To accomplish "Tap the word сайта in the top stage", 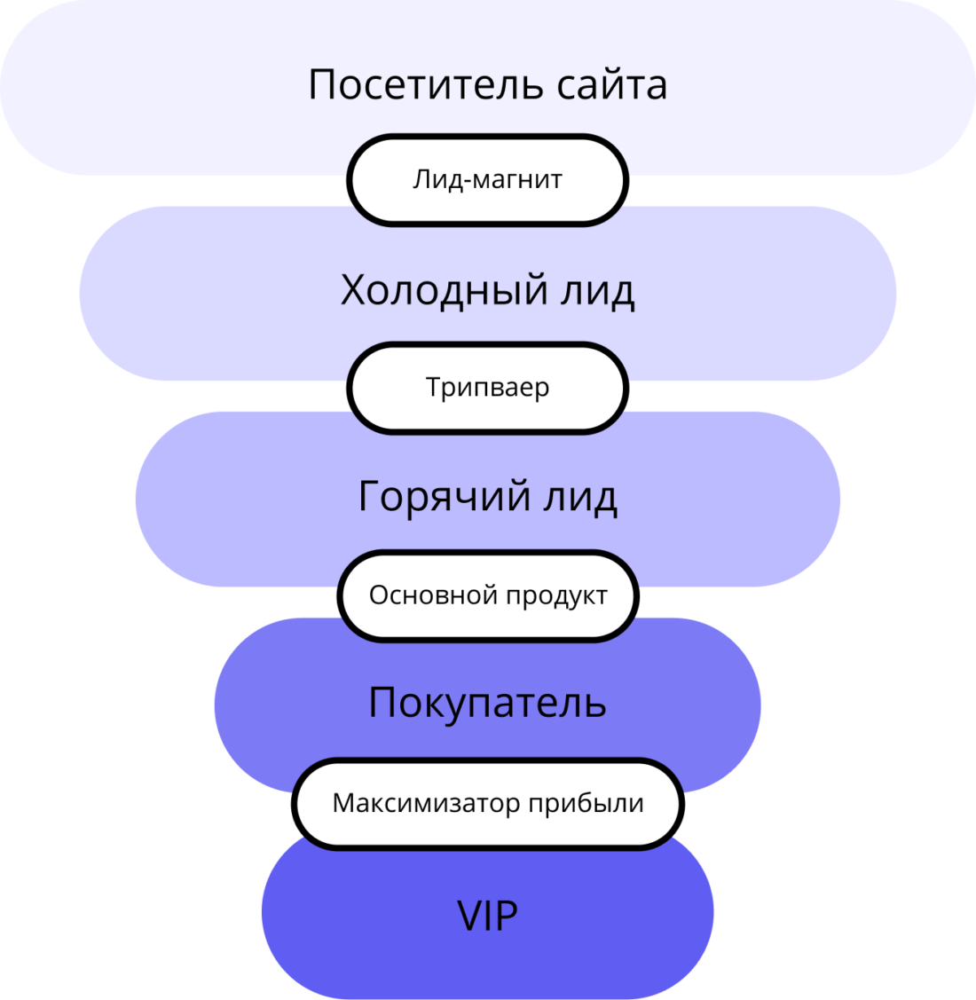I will pos(612,85).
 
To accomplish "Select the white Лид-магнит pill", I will pos(487,180).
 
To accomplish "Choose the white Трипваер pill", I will pos(487,388).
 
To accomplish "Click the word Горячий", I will pos(444,497).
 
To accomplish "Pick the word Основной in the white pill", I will pos(421,594).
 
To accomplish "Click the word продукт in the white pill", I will pos(556,596).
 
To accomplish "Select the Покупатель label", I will pos(487,703).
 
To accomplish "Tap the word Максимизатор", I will pos(426,803).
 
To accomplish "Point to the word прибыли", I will pos(586,804).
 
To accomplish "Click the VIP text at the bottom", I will pos(487,915).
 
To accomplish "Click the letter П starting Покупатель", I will pos(382,703).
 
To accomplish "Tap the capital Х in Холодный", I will pos(353,290).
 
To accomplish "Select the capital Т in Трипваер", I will pos(434,387).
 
